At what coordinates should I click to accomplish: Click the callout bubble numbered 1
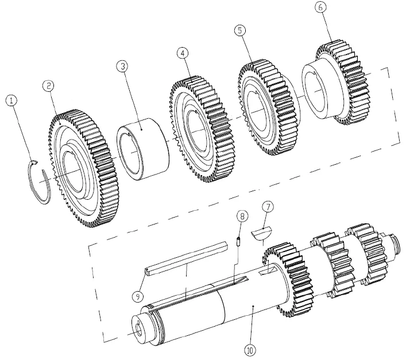click(11, 100)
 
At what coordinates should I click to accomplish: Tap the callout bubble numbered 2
click(49, 86)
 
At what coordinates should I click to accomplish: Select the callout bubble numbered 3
click(122, 66)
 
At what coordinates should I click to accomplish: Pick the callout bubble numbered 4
click(183, 53)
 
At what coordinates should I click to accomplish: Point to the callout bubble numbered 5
click(240, 30)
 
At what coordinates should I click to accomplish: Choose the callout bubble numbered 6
click(320, 7)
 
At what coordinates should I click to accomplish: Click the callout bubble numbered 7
click(268, 207)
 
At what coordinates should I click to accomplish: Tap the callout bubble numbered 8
click(242, 216)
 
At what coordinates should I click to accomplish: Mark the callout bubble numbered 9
click(137, 296)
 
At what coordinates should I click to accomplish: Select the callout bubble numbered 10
click(250, 350)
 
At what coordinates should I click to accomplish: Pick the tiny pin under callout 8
click(238, 241)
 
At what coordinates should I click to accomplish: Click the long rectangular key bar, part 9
click(186, 259)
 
